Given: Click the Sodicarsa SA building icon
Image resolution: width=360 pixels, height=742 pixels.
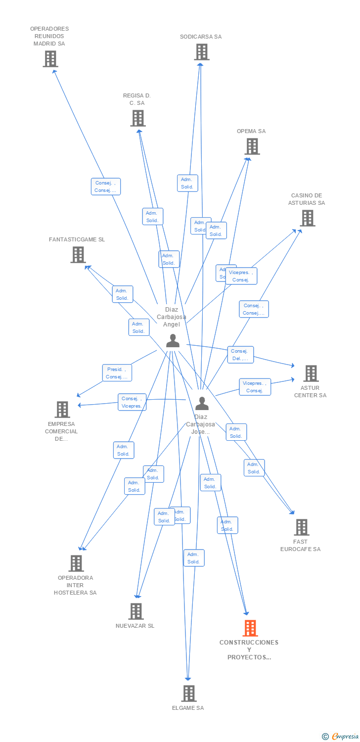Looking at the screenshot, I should tap(201, 52).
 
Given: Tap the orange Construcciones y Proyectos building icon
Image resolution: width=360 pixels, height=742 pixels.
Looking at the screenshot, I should tap(250, 628).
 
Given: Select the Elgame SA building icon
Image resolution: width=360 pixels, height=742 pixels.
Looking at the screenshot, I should tap(188, 694).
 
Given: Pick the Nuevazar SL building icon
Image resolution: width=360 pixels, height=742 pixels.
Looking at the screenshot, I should tap(136, 611).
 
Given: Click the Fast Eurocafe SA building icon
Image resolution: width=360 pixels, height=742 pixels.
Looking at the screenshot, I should tap(302, 527).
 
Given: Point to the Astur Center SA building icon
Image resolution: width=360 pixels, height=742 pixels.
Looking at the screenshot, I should tap(311, 373).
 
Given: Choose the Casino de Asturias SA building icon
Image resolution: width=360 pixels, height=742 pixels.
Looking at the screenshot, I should tap(307, 218).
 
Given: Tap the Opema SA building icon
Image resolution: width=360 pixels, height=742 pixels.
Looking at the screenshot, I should tap(252, 146).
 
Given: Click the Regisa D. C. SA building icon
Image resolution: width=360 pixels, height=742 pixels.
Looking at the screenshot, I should tap(137, 118).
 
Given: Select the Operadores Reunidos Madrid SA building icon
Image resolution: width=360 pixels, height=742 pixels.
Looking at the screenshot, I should tap(50, 59).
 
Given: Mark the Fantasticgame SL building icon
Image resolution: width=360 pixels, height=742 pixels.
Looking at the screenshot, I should tap(78, 255).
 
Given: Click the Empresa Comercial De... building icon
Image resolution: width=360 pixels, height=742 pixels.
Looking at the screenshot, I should tap(62, 410).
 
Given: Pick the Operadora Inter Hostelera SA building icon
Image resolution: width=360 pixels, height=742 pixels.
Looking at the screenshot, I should tap(76, 563).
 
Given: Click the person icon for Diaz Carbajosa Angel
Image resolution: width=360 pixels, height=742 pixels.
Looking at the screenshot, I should tap(173, 341).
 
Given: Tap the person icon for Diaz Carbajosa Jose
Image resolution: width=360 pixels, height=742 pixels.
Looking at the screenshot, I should tap(202, 404).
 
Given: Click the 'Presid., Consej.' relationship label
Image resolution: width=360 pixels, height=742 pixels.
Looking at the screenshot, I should tap(117, 373).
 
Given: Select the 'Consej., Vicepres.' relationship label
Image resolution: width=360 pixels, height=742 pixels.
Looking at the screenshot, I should tap(132, 402).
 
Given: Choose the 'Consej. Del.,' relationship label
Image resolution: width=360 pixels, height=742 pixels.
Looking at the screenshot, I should tap(241, 355).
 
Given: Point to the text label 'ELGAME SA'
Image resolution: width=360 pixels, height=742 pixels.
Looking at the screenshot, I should tap(188, 708).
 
